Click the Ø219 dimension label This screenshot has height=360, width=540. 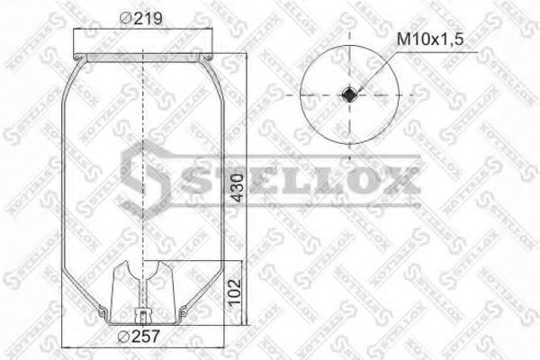141,19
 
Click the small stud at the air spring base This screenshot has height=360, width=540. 143,315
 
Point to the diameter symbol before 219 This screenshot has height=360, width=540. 125,19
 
